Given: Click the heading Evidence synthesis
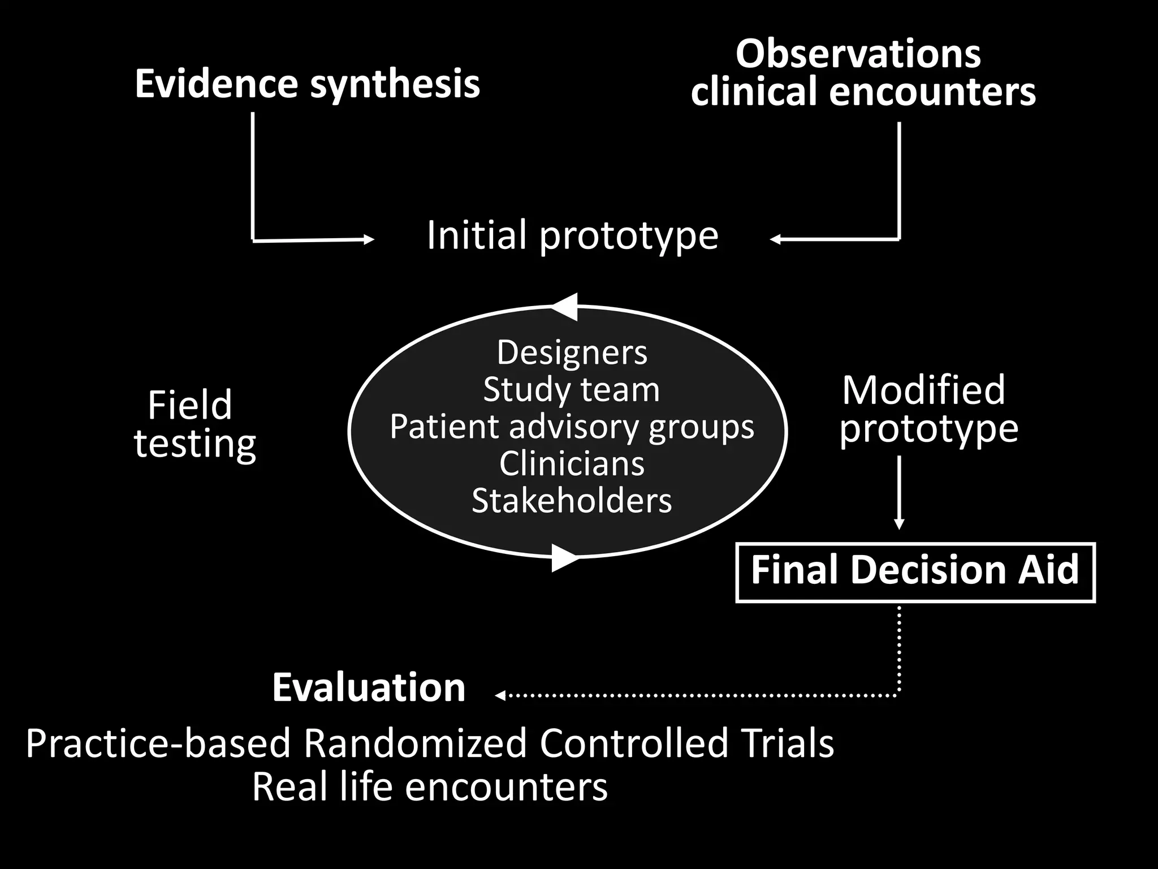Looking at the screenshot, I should [x=307, y=84].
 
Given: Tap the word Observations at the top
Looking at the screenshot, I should [x=858, y=54].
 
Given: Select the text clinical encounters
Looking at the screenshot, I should [x=863, y=92].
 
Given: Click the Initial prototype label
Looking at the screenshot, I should [x=572, y=235].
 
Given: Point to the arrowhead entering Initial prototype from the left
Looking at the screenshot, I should [x=369, y=240].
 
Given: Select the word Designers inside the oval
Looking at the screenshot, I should [x=572, y=352].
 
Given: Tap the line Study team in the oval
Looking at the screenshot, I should [x=571, y=390].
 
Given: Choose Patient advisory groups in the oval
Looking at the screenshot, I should [x=572, y=427].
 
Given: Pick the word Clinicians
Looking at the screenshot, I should [x=572, y=464].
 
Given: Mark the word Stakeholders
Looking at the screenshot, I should [x=572, y=501].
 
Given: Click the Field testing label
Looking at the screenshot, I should [x=194, y=424].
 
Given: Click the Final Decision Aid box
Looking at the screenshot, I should [x=915, y=572].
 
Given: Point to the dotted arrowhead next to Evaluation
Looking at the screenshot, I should [x=500, y=695].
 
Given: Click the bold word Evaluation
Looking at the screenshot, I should [x=369, y=688].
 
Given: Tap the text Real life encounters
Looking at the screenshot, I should [x=430, y=787].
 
